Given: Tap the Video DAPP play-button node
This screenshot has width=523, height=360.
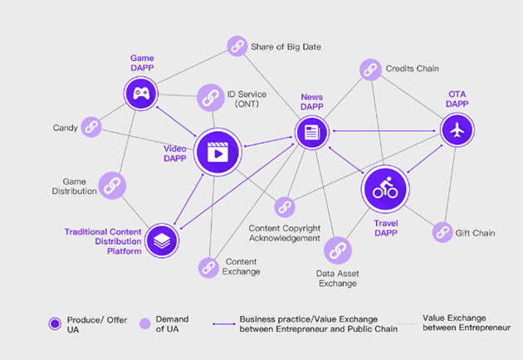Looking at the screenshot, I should [x=217, y=152].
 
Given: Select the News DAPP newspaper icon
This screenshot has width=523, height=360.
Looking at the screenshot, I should [x=312, y=131].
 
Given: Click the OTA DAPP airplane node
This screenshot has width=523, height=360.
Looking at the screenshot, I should [x=456, y=130].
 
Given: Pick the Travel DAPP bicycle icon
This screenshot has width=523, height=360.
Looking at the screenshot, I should [x=384, y=188].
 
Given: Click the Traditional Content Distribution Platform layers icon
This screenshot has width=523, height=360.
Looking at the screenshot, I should [x=161, y=240].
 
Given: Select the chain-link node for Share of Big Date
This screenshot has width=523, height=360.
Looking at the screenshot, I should [x=237, y=46].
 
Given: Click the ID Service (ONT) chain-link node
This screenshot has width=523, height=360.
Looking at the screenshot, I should [x=211, y=97].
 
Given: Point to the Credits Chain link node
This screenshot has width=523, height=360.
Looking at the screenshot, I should [x=369, y=70].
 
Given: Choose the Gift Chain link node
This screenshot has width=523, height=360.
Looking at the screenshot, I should [x=442, y=232].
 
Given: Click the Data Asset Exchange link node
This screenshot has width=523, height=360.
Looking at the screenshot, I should [x=337, y=251].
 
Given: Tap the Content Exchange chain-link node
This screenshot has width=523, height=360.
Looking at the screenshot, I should [x=208, y=267].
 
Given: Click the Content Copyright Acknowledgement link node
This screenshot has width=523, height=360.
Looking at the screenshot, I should [x=285, y=207].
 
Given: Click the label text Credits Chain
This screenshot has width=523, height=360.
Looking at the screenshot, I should [x=412, y=69].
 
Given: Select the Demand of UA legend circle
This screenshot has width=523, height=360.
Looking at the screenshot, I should [x=144, y=324].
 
